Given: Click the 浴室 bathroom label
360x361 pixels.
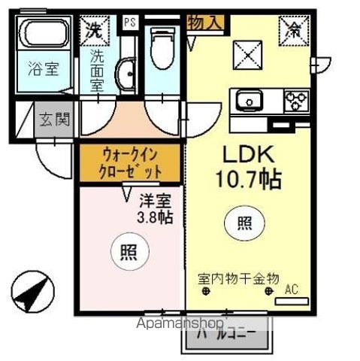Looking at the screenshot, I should tap(43, 65).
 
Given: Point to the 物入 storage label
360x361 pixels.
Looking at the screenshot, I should tap(205, 23).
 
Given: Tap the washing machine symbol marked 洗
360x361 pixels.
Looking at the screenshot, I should tap(95, 31).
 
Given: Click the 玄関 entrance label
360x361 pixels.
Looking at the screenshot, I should tap(55, 119).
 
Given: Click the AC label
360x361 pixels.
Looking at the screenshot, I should tap(292, 289).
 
